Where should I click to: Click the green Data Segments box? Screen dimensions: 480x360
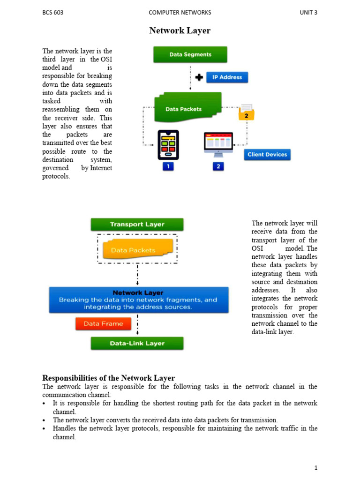coord(190,54)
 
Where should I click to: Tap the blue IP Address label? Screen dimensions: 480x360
coord(227,77)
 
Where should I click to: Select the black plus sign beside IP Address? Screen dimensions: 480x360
coord(199,77)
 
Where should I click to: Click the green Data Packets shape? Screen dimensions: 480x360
coord(187,109)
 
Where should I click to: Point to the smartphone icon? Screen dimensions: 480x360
coord(168,144)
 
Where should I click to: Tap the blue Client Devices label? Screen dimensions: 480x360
coord(266,155)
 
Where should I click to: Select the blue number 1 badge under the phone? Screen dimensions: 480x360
coord(168,166)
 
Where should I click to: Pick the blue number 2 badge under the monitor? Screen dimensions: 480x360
coord(218,166)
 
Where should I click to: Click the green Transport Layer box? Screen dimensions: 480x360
coord(137,225)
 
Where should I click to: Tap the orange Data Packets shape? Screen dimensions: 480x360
coord(137,250)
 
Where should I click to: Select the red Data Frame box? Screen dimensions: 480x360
coord(103,323)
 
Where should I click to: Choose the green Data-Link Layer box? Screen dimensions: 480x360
coord(137,343)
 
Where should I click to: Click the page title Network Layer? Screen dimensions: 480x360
coord(180,31)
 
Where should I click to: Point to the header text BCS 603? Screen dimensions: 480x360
coord(53,13)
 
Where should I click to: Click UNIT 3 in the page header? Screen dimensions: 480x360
coord(308,13)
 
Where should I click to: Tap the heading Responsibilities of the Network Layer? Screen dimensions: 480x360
coord(108,378)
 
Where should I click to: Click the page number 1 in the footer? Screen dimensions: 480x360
coord(316,468)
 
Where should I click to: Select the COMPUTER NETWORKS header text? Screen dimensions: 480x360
coord(180,13)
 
